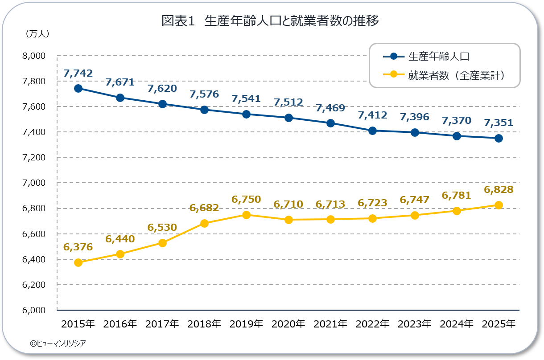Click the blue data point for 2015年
78,89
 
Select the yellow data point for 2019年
246,215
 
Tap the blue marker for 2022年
372,131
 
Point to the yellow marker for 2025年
499,205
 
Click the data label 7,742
78,73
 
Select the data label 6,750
246,200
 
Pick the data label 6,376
78,247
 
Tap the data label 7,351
499,123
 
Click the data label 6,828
499,189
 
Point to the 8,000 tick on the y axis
34,56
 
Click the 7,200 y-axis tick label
34,158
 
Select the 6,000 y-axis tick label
34,310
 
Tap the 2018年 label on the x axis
204,324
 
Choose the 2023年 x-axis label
414,324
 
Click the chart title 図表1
178,20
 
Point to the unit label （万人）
37,34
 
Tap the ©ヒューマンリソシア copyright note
58,344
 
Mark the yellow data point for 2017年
162,243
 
